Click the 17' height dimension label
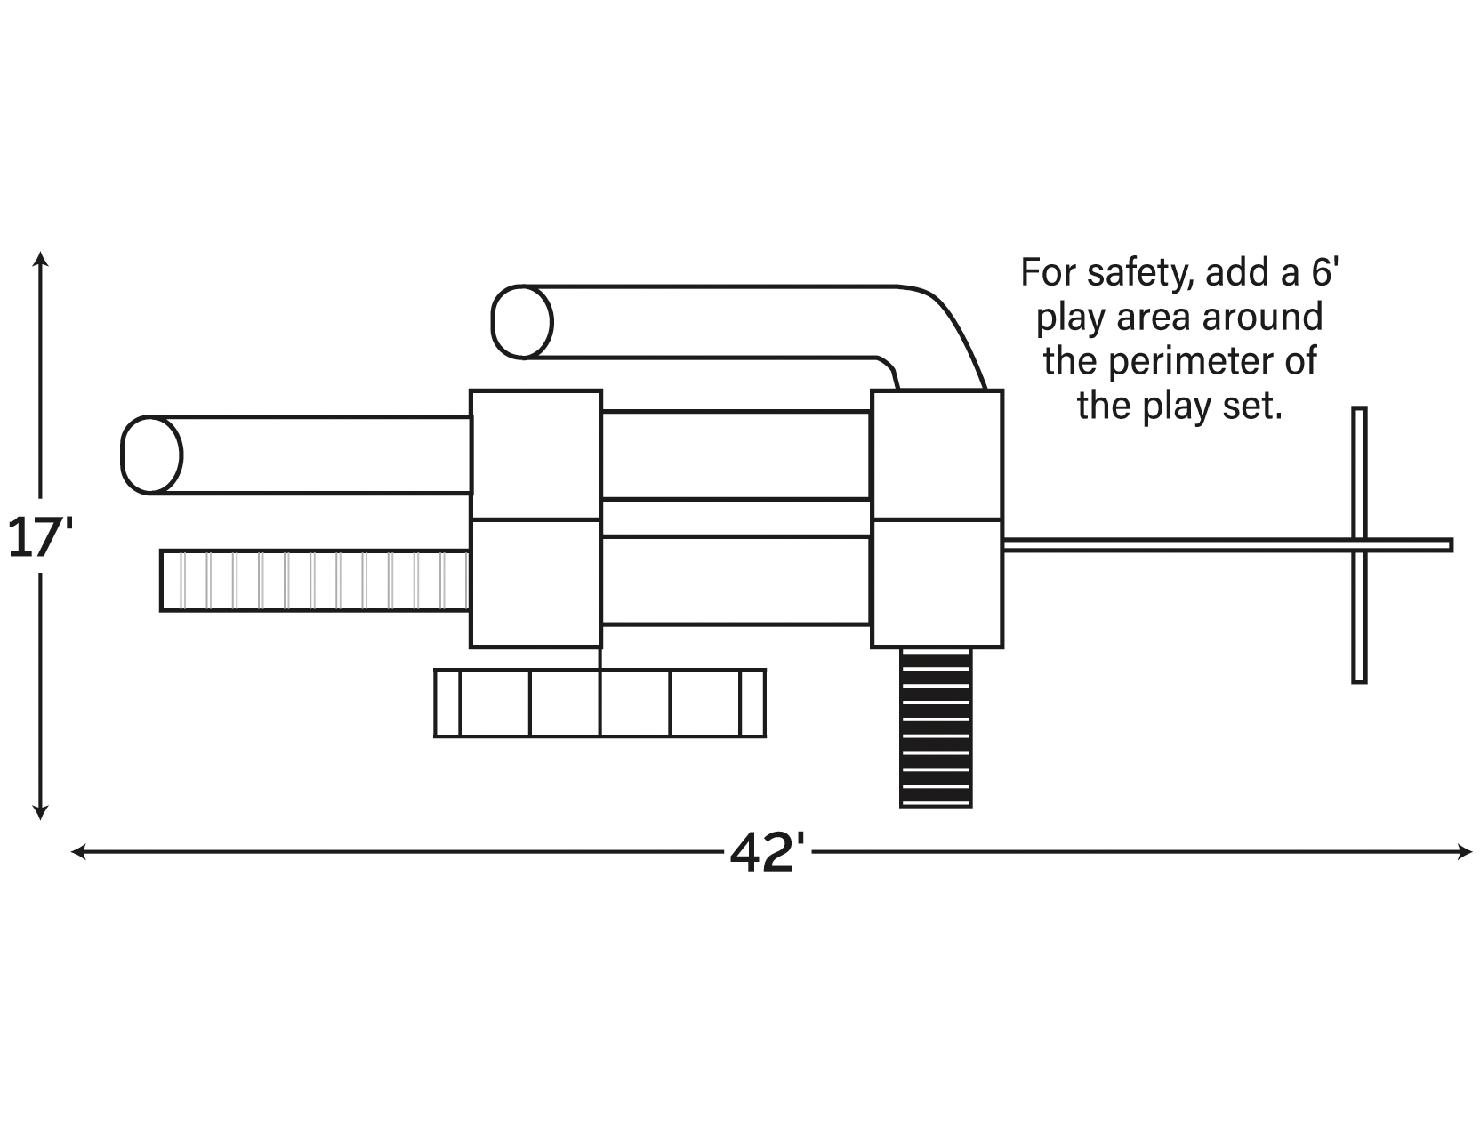39,538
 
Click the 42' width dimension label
768,853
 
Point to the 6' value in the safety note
1325,271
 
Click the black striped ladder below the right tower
936,728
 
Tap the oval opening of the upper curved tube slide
522,322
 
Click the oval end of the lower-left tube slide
151,455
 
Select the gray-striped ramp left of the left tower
315,581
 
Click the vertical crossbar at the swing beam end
1359,544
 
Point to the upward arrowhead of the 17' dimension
40,259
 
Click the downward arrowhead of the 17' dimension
40,811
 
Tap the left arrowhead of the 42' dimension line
78,852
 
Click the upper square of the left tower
535,455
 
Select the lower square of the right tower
937,584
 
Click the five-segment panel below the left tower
599,703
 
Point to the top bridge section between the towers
736,455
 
